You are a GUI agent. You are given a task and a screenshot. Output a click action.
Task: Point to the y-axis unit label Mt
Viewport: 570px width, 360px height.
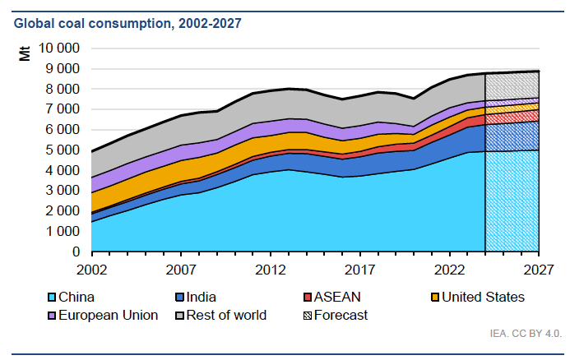[25, 55]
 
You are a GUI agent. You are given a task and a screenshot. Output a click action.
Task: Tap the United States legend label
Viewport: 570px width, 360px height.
[483, 297]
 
